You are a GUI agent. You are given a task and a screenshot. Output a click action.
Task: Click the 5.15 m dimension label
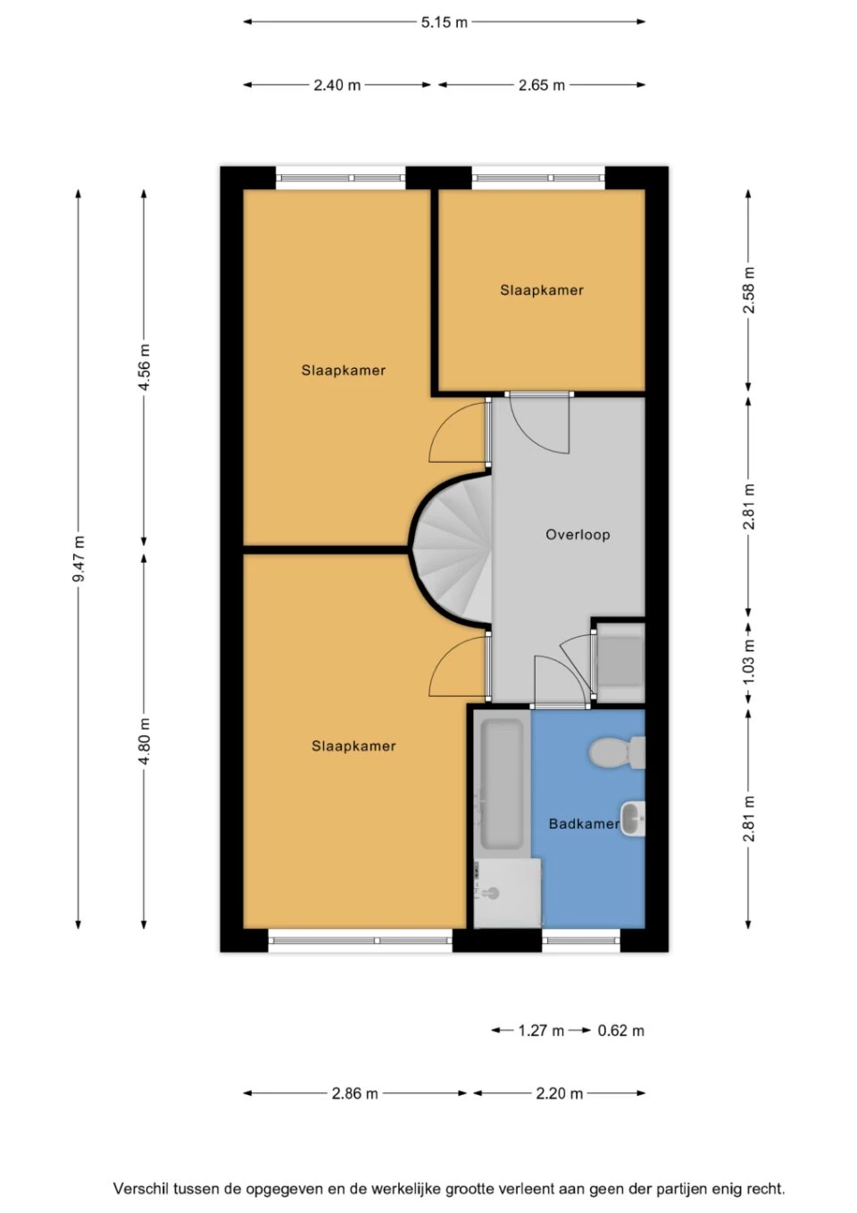[x=445, y=22]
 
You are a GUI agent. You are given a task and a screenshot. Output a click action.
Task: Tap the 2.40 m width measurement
[x=337, y=86]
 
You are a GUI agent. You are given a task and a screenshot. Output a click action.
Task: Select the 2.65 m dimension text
[x=542, y=86]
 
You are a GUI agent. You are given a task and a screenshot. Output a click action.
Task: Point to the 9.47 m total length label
[x=79, y=558]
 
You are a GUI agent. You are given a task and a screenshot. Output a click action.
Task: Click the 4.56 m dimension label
[x=145, y=366]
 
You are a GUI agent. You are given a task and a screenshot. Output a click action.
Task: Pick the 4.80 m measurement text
[x=145, y=740]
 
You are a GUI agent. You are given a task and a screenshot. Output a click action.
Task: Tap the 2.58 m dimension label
[x=749, y=290]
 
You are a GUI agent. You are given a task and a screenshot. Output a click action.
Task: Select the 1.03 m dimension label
[x=749, y=663]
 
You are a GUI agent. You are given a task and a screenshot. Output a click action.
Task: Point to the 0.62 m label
[x=620, y=1031]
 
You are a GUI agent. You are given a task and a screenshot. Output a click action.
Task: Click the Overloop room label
[x=578, y=535]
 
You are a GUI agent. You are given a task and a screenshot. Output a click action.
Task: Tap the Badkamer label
[x=584, y=824]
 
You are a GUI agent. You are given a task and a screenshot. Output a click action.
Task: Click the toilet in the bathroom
[x=617, y=752]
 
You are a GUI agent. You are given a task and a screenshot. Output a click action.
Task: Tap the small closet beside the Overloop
[x=620, y=662]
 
